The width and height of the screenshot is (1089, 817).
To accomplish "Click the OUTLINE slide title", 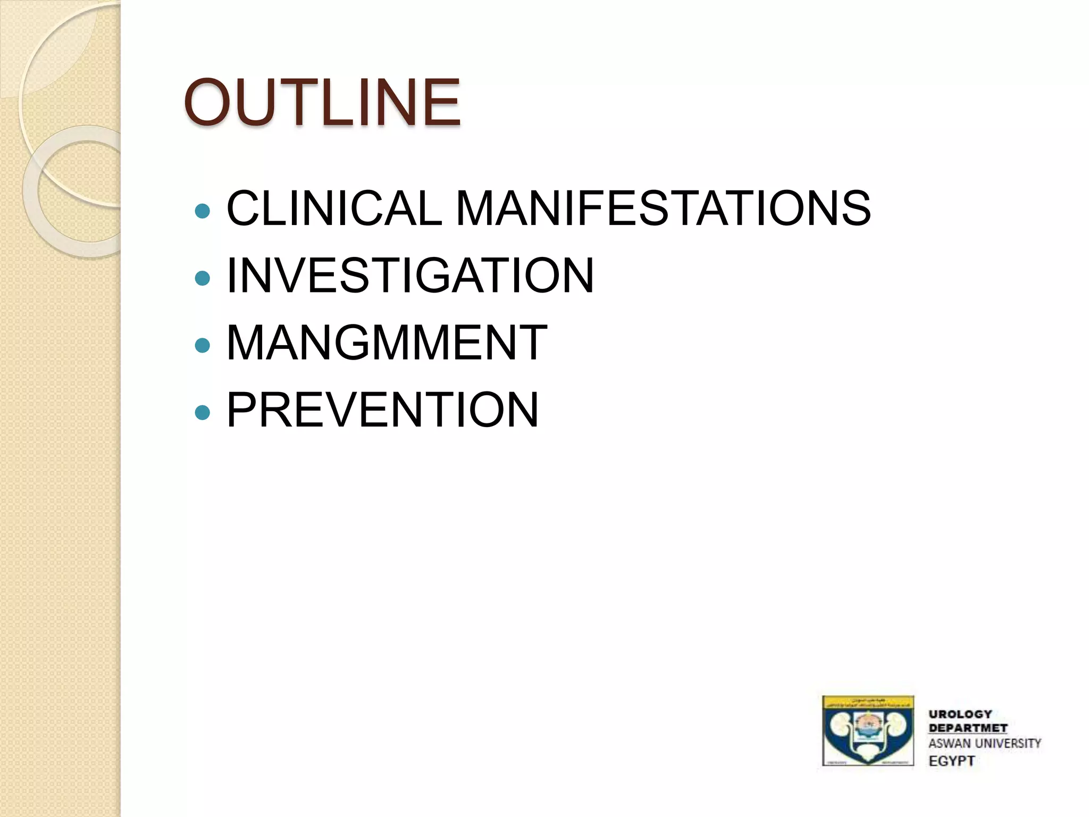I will (322, 102).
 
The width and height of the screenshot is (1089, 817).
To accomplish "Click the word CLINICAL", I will (334, 208).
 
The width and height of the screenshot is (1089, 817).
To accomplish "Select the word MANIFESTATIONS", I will (663, 208).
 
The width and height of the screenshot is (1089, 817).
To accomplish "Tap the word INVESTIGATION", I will (410, 275).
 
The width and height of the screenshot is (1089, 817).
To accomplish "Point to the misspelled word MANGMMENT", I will (387, 343).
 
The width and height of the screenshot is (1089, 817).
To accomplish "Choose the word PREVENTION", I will (382, 410).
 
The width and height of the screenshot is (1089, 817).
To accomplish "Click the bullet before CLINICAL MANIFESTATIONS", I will (203, 211).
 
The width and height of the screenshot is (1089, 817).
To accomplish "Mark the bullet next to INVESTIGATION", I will (203, 278).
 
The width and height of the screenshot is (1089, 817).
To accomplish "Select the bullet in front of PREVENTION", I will (203, 412).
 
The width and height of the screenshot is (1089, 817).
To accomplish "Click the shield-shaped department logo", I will (868, 731).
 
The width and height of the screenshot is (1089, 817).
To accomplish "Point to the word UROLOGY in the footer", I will (960, 714).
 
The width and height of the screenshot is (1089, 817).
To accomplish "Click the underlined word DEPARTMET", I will (968, 728).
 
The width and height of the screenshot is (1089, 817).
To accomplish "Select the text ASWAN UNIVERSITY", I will (984, 743).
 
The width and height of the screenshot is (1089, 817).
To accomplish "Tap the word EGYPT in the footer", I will (951, 761).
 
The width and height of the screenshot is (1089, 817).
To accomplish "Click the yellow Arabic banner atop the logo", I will (868, 702).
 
